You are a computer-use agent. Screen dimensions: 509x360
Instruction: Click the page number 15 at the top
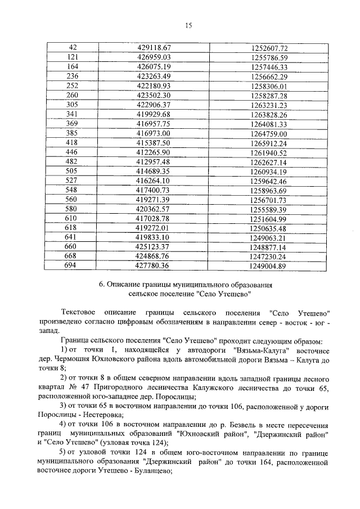(x=188, y=25)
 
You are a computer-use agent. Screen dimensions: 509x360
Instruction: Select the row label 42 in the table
(x=72, y=48)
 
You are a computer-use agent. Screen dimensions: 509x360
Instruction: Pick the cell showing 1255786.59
(x=269, y=57)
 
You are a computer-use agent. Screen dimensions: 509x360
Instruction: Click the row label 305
(x=72, y=105)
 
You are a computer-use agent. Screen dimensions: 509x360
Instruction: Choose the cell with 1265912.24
(x=269, y=143)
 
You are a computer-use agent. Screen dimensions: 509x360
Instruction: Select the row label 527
(x=72, y=181)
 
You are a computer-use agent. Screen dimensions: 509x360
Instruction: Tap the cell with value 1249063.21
(x=269, y=238)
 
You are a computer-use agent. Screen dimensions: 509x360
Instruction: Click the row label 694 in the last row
(x=72, y=266)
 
